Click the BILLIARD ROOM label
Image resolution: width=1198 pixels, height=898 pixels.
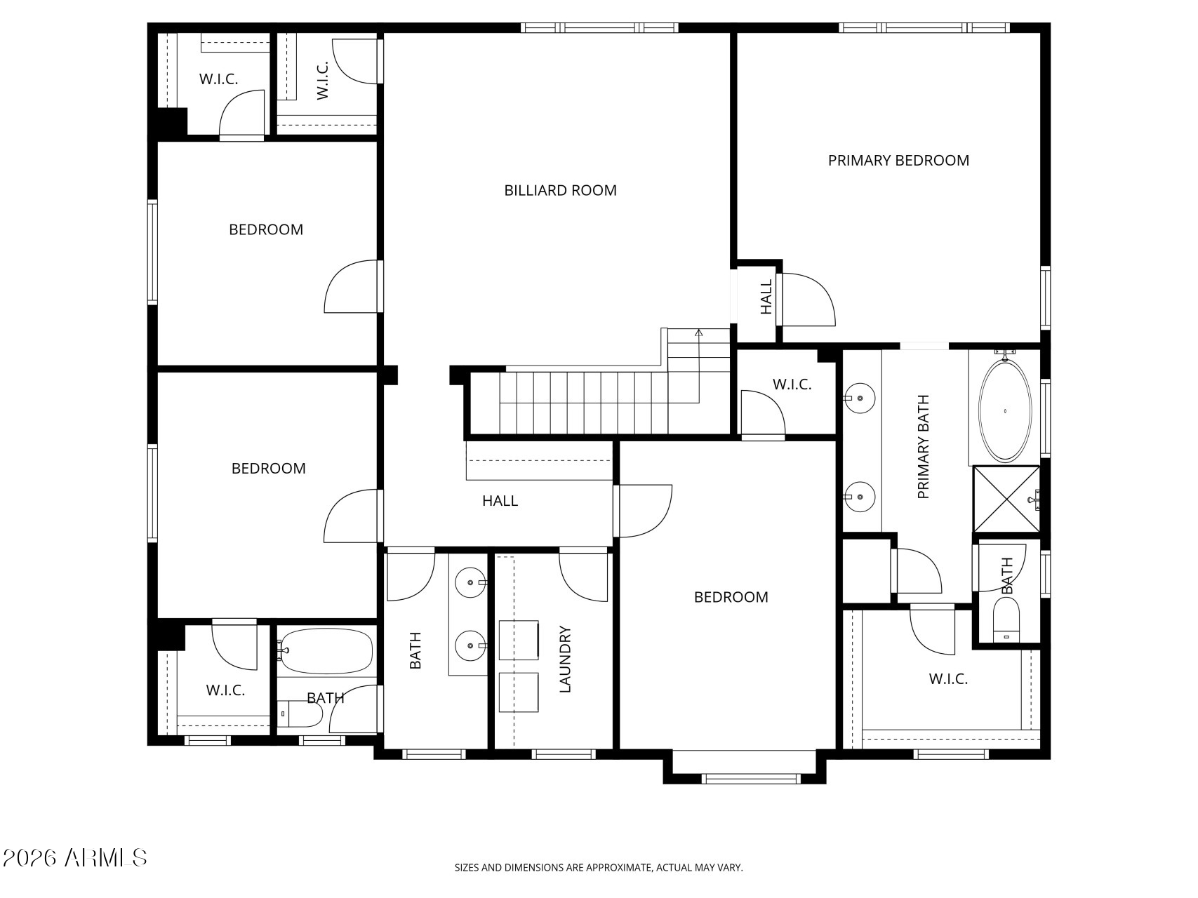[560, 190]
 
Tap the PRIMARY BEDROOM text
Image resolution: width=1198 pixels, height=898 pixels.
[898, 161]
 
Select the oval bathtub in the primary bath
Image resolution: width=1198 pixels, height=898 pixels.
[1005, 410]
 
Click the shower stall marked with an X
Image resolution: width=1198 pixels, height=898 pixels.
[1006, 499]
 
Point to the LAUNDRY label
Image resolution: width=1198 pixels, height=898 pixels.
[566, 659]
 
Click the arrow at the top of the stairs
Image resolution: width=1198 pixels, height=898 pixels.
[698, 333]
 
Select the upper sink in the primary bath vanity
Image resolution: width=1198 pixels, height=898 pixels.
[860, 398]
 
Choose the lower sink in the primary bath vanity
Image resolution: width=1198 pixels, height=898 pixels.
[860, 497]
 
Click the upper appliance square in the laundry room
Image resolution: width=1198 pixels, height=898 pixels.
[519, 640]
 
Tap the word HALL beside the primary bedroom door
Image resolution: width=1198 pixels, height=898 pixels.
[766, 297]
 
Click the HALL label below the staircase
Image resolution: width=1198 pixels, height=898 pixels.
[500, 501]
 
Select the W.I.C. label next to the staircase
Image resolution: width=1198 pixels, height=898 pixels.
[792, 384]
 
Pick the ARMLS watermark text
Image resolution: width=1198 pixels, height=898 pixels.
[74, 857]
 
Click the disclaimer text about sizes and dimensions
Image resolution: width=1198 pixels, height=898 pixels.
[598, 868]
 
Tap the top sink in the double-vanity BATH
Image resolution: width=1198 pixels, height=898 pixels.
[470, 582]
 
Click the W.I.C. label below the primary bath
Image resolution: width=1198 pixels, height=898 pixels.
[948, 679]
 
